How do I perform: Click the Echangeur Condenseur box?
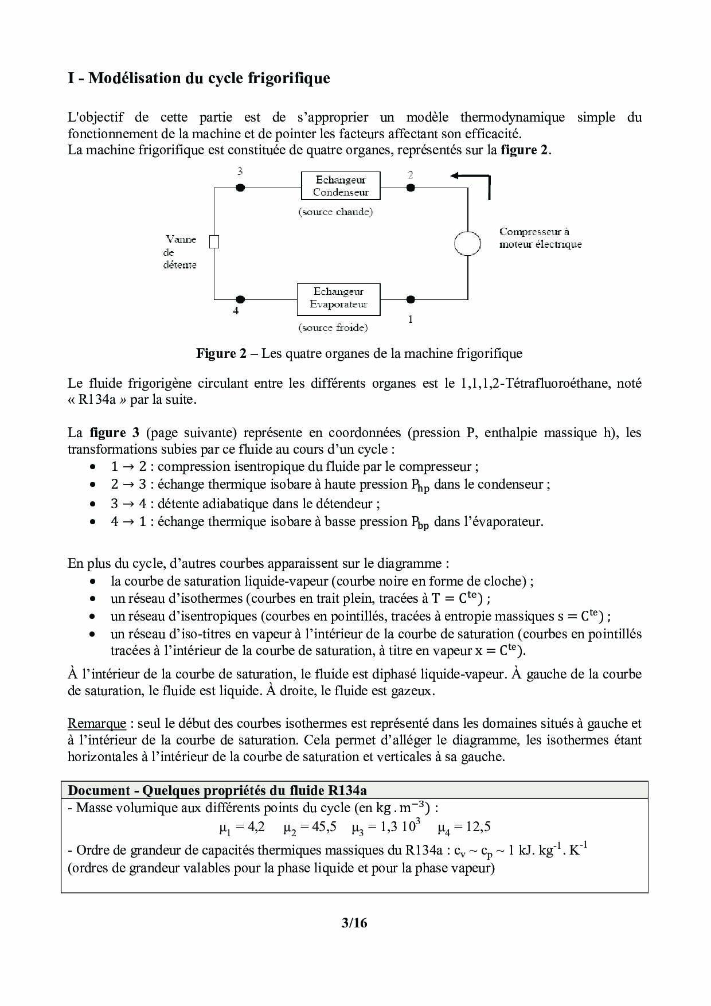(x=341, y=186)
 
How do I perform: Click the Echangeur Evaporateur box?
(x=338, y=298)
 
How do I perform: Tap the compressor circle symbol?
(x=467, y=243)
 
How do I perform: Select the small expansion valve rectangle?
(x=214, y=242)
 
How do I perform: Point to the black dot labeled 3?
(x=241, y=188)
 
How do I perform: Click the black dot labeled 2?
(x=411, y=188)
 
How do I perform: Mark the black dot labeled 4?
(x=241, y=299)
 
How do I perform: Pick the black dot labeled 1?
(x=411, y=299)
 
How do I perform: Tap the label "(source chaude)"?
(x=335, y=212)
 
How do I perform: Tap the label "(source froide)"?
(x=333, y=327)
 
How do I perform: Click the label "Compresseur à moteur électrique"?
(x=540, y=238)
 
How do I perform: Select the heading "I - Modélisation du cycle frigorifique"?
(x=199, y=78)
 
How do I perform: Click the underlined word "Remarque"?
(x=96, y=723)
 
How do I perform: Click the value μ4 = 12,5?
(x=464, y=827)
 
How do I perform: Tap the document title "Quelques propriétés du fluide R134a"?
(x=254, y=790)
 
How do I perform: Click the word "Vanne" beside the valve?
(x=181, y=239)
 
